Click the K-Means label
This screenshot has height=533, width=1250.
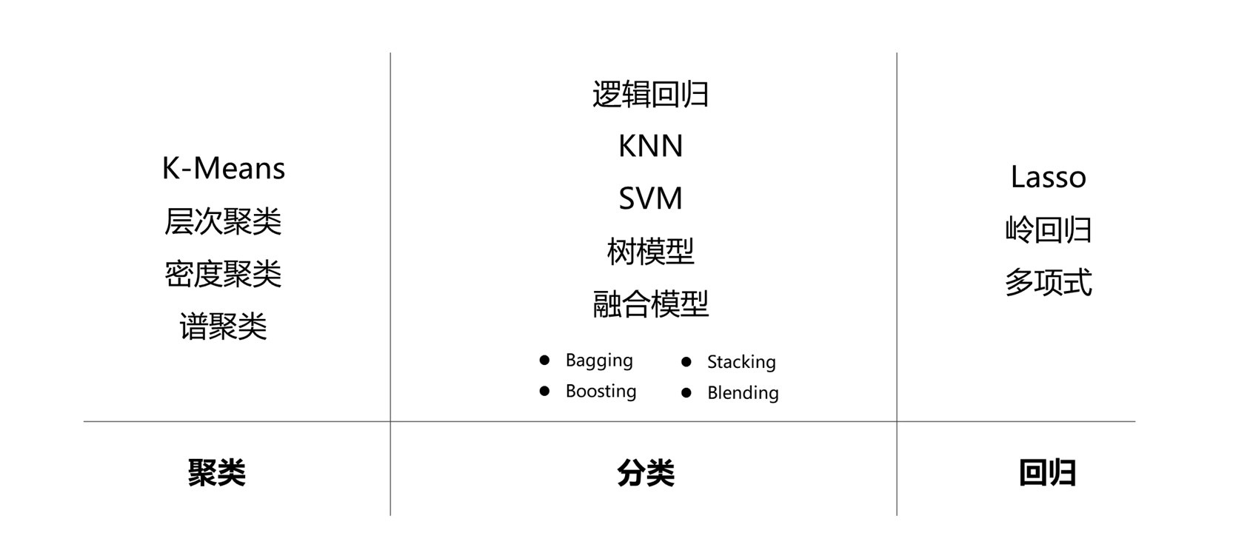tap(223, 169)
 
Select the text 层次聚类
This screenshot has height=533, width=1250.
tap(223, 221)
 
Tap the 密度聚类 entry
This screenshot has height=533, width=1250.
tap(223, 274)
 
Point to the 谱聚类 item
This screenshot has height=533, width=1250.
tap(223, 326)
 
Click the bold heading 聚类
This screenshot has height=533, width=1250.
tap(216, 472)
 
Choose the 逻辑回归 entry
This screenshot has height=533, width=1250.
tap(650, 95)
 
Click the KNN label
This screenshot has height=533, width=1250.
tap(650, 147)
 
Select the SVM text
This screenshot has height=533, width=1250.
tap(650, 198)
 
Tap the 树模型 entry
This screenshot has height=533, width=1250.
tap(650, 252)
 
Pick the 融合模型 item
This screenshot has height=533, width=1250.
tap(650, 304)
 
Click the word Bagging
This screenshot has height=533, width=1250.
tap(598, 361)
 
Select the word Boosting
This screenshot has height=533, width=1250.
tap(601, 391)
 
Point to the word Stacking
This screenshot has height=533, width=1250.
tap(741, 362)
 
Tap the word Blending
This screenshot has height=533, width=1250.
tap(743, 393)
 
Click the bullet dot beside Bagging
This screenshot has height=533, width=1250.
tap(544, 360)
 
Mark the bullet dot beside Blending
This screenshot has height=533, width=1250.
tap(686, 392)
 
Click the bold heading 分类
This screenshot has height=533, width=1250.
tap(646, 472)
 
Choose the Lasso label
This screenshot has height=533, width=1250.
tap(1048, 178)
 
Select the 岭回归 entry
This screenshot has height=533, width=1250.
tap(1048, 229)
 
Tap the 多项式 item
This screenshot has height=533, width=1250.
tap(1048, 283)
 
